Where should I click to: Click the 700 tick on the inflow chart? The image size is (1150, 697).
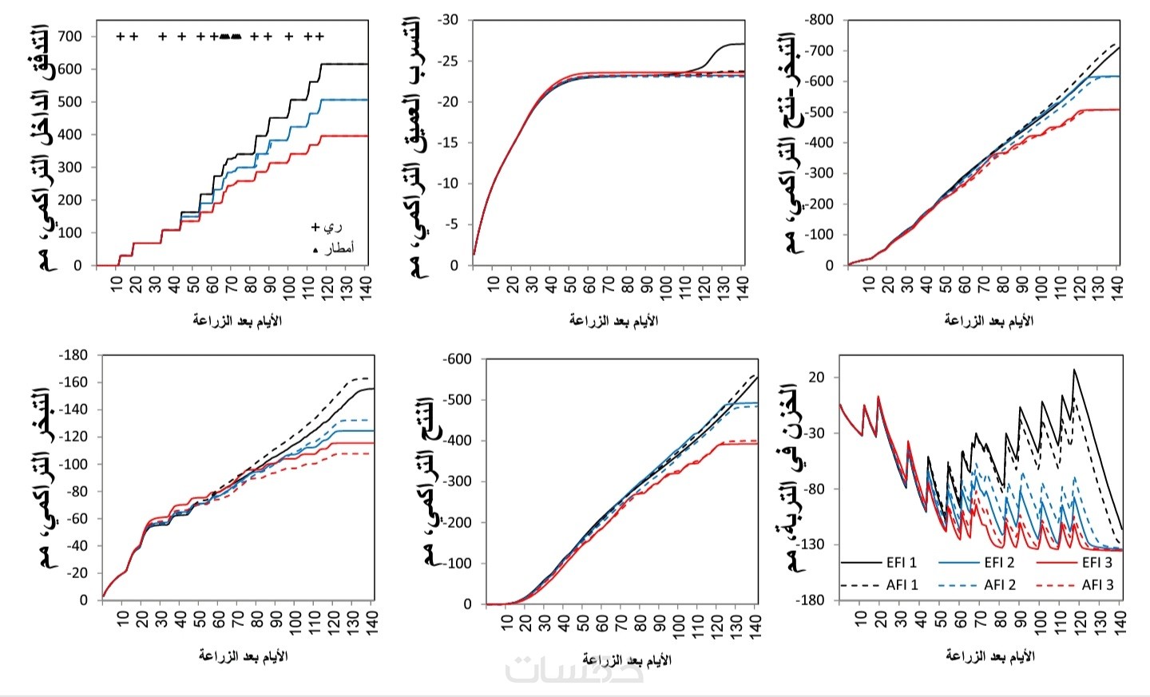tap(69, 36)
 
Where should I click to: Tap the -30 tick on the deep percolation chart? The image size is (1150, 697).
tap(449, 20)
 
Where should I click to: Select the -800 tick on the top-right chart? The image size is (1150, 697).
tap(819, 20)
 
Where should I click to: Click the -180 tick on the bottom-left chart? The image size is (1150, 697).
tap(73, 355)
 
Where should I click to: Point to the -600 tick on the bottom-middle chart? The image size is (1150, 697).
tap(457, 359)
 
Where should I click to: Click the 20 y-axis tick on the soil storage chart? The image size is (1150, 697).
tap(816, 377)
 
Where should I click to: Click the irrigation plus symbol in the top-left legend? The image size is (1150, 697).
tap(315, 228)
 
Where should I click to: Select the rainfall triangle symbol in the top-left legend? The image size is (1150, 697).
tap(315, 250)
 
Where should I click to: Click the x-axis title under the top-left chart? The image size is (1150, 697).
tap(237, 321)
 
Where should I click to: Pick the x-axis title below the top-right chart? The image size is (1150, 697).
tap(989, 321)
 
